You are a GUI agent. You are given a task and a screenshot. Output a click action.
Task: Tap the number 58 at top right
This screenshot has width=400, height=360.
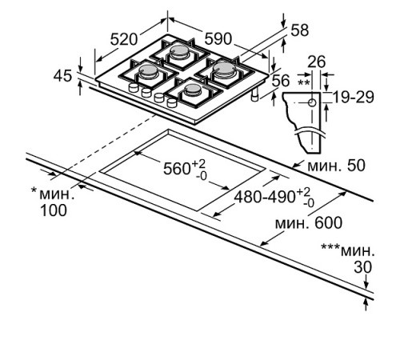point(299,30)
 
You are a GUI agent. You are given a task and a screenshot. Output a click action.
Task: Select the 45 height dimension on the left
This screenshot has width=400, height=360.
point(62,76)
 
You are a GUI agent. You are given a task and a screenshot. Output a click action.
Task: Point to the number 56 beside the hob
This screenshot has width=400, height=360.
point(280,80)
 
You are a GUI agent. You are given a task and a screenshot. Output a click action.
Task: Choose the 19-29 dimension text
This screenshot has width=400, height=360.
point(353,97)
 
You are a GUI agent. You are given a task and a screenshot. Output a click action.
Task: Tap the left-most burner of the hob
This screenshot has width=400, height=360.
point(150,74)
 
